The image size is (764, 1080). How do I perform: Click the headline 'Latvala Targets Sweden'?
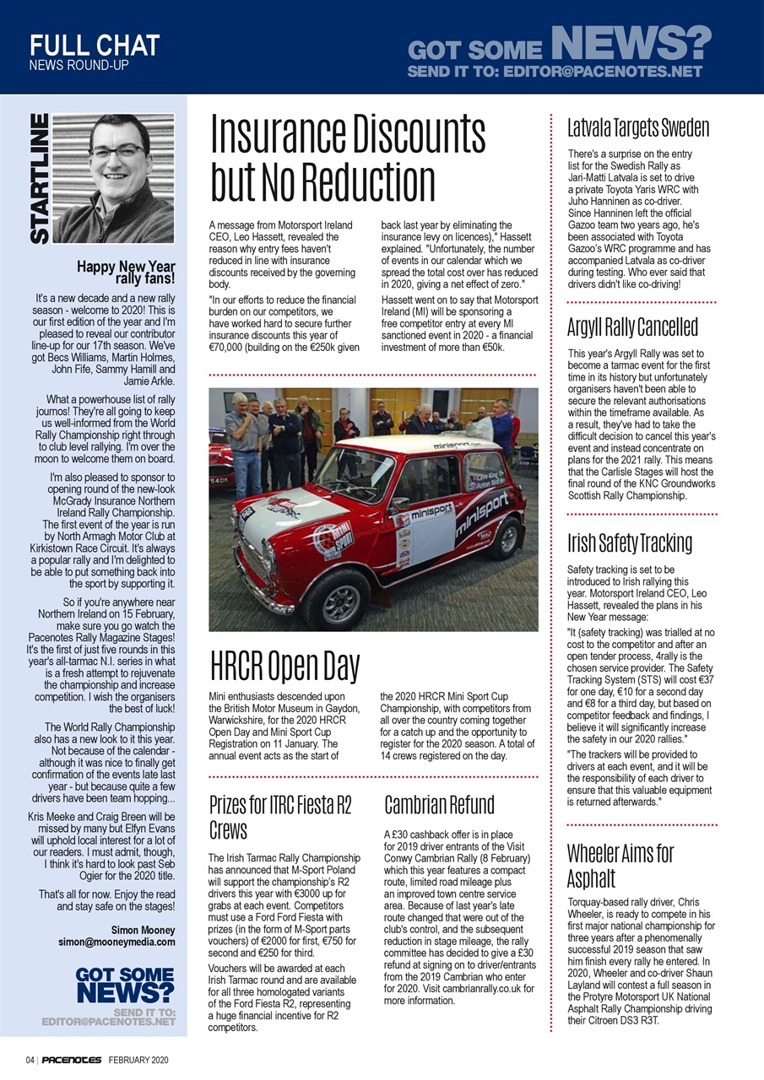point(638,128)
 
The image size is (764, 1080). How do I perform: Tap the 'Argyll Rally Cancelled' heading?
point(632,326)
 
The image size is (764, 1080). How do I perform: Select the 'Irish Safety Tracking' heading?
point(630,543)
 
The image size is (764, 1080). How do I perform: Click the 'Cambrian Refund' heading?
point(439,805)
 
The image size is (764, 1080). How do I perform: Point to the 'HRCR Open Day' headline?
point(284,667)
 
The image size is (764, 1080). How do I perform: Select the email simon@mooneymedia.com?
point(116,942)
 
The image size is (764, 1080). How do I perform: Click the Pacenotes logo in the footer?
point(72,1060)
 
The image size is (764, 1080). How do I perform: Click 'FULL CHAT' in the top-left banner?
point(95,45)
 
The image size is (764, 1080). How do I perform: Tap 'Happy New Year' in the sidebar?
point(127,267)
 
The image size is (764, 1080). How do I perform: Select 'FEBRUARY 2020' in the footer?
point(139,1060)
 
